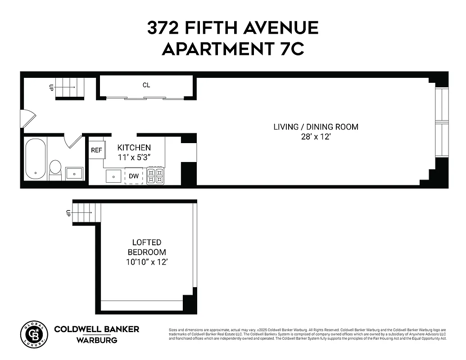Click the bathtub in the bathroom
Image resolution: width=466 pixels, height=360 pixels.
35,158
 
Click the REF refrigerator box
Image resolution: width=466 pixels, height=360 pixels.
96,150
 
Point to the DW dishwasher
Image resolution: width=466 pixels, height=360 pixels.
134,176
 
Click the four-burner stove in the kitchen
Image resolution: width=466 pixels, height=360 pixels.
156,176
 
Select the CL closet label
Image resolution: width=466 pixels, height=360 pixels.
146,85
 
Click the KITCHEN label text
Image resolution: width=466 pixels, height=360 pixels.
134,148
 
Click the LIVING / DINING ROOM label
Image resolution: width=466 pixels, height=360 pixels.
316,127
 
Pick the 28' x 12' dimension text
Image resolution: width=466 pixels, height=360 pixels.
316,137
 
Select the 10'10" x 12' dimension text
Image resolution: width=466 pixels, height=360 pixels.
147,261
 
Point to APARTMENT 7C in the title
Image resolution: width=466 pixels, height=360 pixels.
233,49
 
